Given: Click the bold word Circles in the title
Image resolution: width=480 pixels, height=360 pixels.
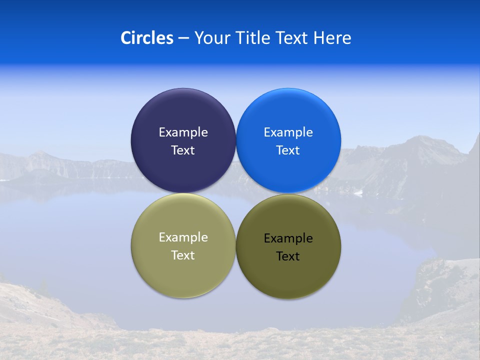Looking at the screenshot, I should [x=146, y=38].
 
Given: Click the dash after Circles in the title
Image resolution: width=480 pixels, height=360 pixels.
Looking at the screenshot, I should [x=183, y=38].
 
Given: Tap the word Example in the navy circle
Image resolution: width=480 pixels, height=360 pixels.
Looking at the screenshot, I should [x=183, y=132].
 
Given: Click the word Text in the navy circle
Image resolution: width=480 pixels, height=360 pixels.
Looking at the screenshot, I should [x=183, y=150].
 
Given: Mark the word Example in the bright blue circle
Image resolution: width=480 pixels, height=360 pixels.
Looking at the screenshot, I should [x=288, y=132].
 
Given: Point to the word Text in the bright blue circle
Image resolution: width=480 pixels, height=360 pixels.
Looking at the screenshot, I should [x=288, y=150].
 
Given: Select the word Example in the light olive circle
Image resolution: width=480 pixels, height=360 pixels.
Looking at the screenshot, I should [x=183, y=237].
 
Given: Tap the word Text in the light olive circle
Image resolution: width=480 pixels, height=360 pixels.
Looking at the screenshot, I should [x=183, y=255].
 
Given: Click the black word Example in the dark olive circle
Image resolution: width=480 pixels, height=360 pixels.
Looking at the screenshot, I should [x=288, y=238].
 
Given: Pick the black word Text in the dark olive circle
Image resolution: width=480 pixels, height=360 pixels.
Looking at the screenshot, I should [x=288, y=256].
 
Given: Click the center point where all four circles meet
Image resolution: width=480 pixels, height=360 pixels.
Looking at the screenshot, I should [x=236, y=193].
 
